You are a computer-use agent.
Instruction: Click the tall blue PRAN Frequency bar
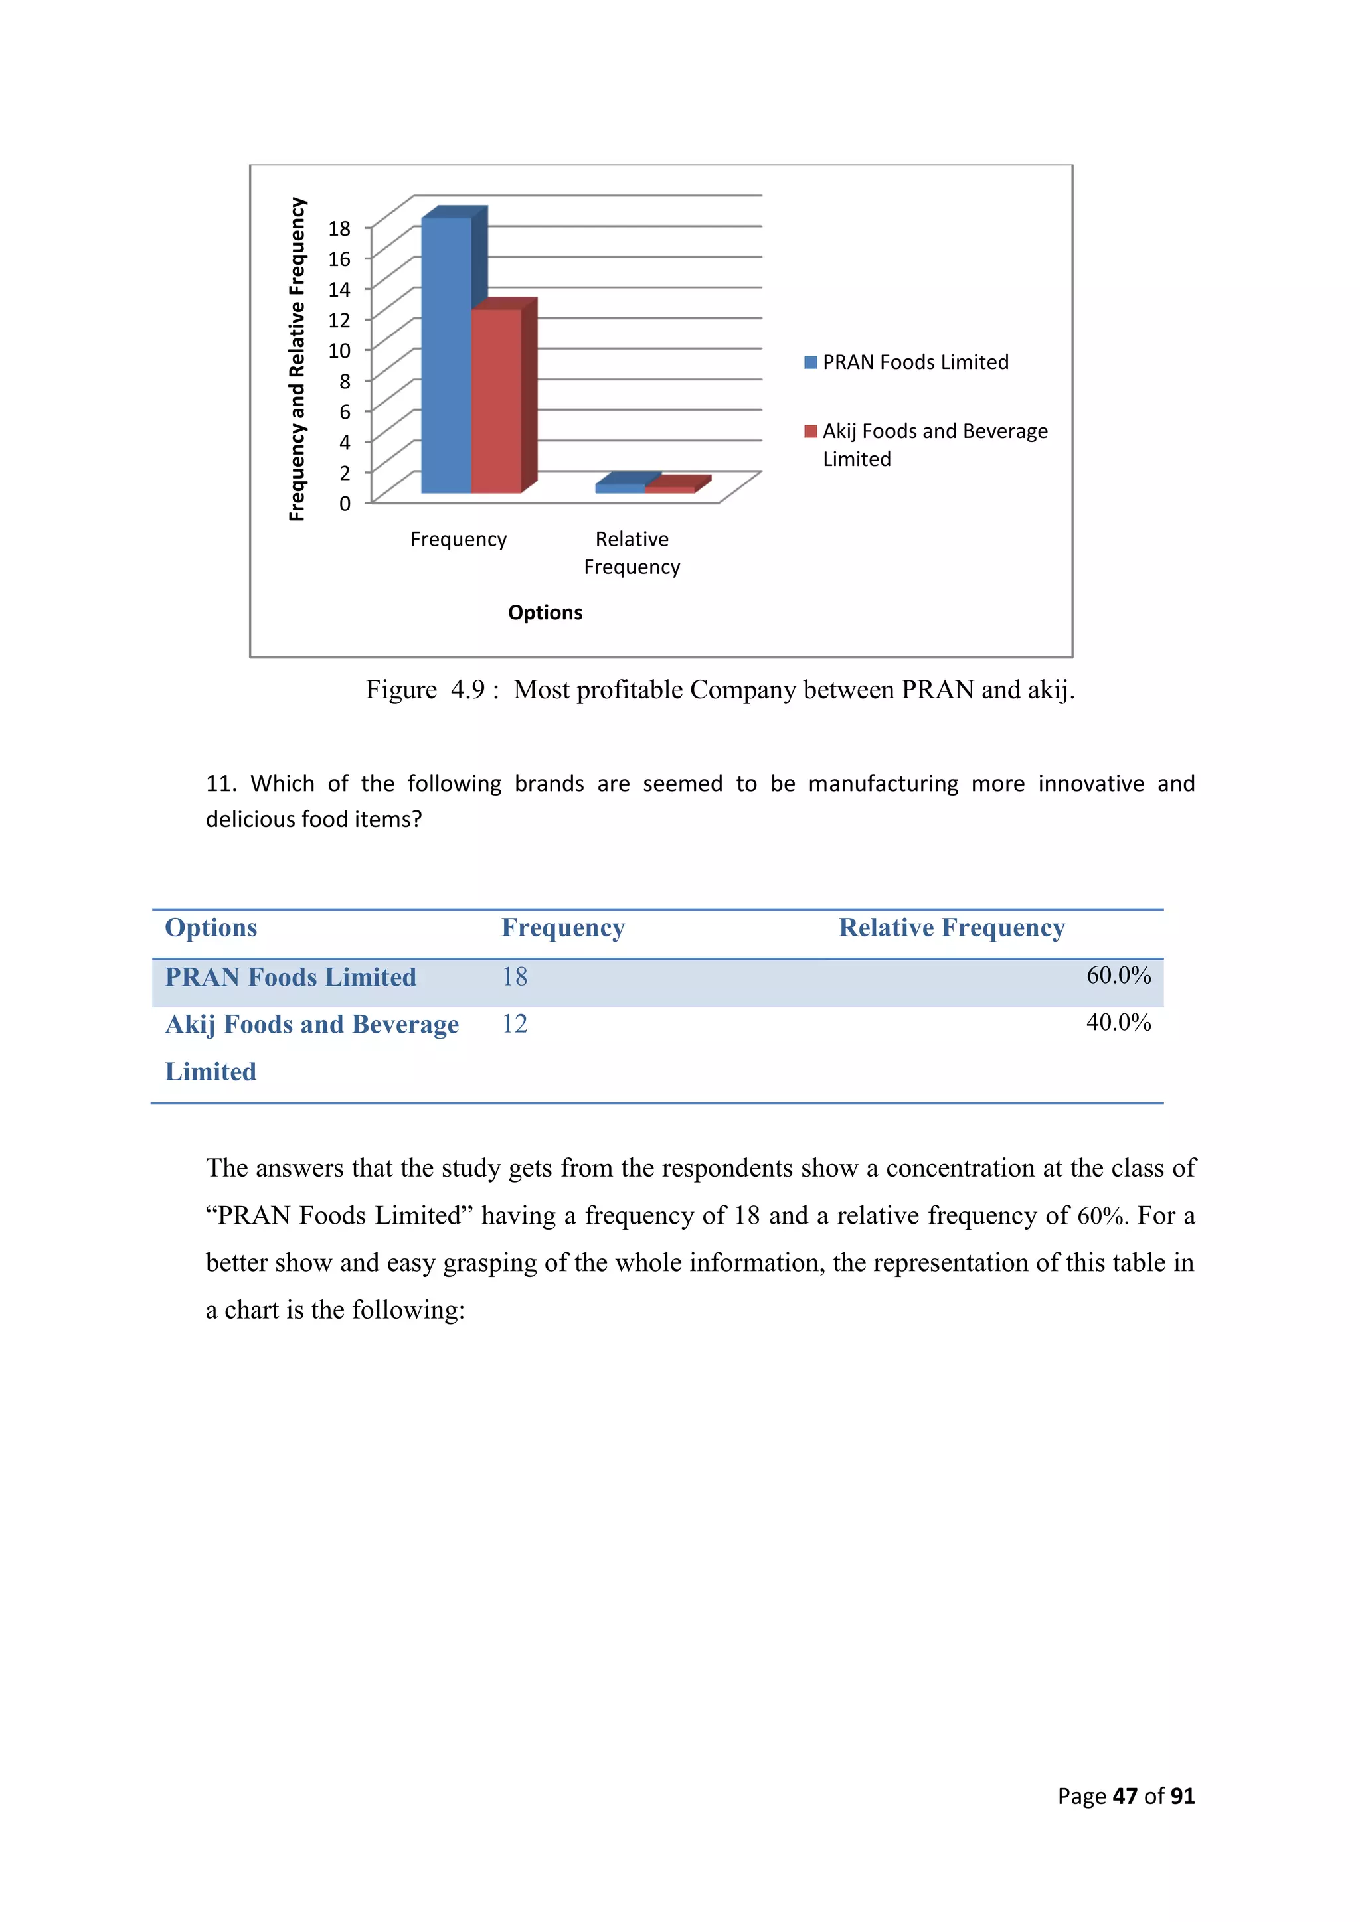446,356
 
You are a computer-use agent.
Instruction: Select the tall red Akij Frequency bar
496,402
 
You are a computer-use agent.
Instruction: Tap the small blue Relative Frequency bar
620,487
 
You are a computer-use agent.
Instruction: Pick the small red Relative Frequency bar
670,489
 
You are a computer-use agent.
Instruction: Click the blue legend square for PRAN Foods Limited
809,362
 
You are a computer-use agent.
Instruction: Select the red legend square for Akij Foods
809,432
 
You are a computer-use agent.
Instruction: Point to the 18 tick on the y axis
339,228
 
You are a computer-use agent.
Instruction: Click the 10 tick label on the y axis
339,350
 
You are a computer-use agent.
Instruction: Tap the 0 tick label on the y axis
344,504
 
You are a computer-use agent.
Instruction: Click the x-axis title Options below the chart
545,613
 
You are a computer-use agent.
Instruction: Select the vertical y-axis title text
296,360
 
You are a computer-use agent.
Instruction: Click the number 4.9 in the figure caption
467,690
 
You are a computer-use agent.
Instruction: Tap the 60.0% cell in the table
1118,975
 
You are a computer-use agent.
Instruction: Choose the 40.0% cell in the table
1118,1023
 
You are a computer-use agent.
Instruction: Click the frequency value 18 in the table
514,977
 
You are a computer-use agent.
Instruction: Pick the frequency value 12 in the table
514,1025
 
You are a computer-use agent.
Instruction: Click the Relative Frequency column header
952,928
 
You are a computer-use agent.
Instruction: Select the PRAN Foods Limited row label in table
290,978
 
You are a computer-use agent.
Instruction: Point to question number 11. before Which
221,784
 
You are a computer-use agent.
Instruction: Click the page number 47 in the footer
1125,1797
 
